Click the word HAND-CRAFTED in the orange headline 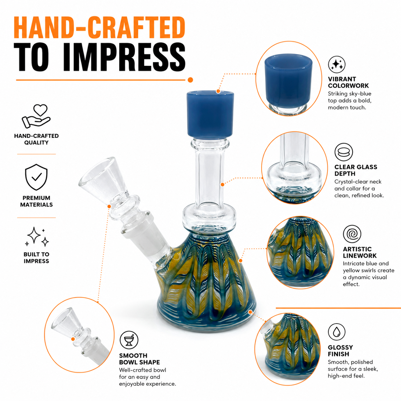coord(99,28)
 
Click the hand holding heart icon coord(36,116)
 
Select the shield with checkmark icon coord(36,177)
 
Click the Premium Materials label coord(36,201)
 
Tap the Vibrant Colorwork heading coord(348,83)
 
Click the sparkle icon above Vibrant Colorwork coord(337,64)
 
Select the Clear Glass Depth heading coord(356,170)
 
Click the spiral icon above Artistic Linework coord(352,234)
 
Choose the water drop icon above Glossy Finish coord(336,332)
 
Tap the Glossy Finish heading coord(341,351)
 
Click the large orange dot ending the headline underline coord(190,80)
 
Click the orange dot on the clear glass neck coord(223,185)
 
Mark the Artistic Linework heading coord(357,252)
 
